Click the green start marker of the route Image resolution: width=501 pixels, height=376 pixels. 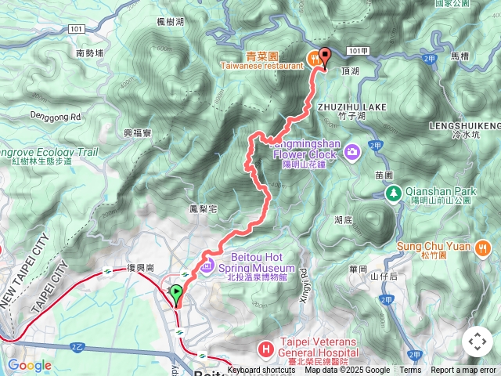176,295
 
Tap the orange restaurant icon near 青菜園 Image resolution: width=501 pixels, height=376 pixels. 314,56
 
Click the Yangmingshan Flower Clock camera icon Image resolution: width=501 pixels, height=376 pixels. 352,149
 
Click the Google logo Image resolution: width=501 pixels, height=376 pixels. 29,365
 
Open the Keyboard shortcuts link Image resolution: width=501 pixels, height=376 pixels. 261,371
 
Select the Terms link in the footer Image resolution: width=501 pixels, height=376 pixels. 410,371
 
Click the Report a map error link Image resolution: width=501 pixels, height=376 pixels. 464,371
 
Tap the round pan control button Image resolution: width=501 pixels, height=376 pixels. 478,342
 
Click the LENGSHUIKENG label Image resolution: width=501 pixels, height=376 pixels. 465,125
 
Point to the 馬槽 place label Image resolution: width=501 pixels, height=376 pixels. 460,57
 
